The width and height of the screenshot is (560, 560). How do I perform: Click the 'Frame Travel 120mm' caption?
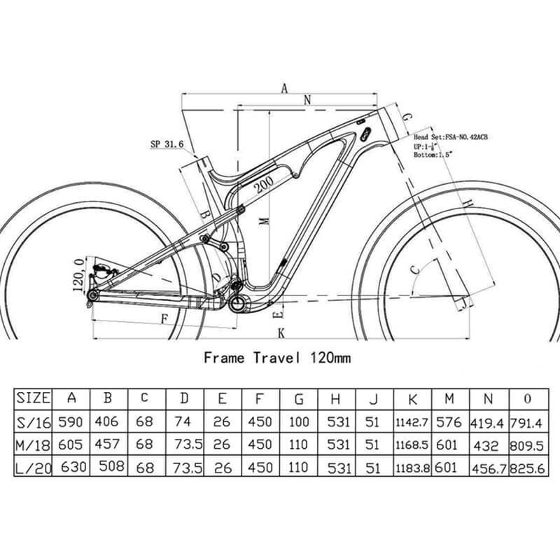coord(276,358)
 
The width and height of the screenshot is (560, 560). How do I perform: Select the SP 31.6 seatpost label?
coord(167,144)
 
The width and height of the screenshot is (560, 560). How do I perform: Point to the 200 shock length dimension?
coord(265,184)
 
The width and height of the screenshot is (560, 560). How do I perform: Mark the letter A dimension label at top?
coord(284,88)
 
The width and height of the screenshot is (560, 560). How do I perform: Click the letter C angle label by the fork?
coord(414,269)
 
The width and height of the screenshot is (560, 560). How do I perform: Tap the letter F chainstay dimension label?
coord(165,318)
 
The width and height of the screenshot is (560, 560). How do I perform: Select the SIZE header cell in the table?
coord(33,398)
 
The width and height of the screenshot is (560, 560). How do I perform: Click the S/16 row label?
coord(33,422)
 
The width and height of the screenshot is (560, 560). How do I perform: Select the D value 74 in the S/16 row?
coord(184,422)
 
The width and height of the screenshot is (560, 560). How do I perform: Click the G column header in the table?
coord(299,398)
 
